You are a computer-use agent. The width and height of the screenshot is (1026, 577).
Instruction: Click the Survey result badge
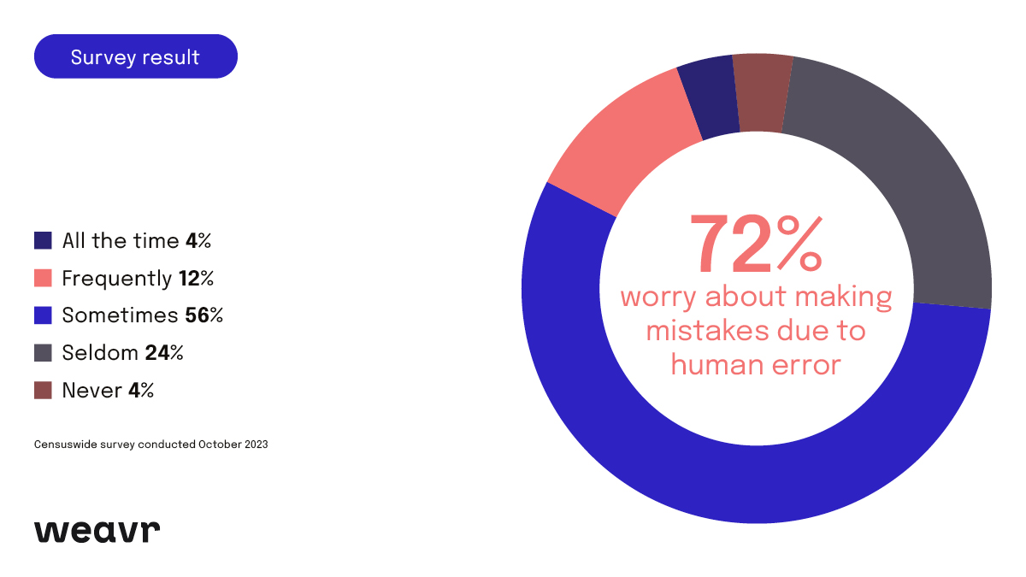click(135, 56)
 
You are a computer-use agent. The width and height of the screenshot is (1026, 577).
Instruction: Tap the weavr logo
click(97, 530)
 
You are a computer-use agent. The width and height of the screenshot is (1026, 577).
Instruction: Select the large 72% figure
click(756, 245)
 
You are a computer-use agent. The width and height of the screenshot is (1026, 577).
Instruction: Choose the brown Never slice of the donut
click(762, 92)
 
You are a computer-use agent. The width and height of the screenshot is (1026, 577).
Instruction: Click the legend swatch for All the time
click(44, 240)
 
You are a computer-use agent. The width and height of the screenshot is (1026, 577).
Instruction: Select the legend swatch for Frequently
click(44, 278)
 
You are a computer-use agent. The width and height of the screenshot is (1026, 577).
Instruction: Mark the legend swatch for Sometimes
click(44, 315)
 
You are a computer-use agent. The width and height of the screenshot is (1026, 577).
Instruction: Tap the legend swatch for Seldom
click(44, 352)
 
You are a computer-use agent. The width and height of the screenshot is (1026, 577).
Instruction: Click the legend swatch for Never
click(44, 390)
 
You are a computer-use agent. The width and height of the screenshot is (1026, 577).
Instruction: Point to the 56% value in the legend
click(203, 315)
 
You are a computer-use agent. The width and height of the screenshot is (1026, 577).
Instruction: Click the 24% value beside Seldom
click(165, 352)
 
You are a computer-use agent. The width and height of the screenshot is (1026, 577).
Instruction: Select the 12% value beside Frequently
click(196, 278)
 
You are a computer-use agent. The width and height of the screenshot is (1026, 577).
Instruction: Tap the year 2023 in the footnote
click(254, 445)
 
